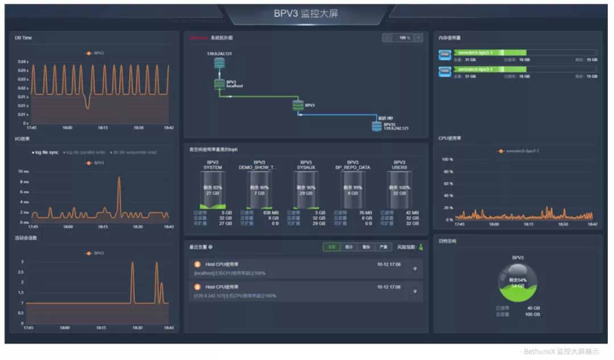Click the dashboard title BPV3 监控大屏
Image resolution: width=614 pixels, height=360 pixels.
coord(306,13)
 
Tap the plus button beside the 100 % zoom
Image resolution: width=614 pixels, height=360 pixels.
coord(418,38)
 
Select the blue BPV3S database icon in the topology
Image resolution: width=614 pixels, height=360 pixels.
coord(376,126)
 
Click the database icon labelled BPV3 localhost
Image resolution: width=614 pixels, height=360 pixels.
coord(219,84)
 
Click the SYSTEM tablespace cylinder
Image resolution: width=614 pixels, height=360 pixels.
coord(213,190)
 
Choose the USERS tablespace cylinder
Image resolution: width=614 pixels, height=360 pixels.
coord(399,190)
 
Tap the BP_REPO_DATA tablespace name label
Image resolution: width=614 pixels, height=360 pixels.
coord(352,167)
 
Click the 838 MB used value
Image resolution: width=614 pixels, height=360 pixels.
coord(271,213)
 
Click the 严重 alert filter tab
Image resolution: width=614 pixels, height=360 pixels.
coord(383,247)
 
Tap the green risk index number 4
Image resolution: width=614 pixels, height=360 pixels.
coord(421,247)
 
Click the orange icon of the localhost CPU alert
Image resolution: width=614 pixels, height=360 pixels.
coord(197,264)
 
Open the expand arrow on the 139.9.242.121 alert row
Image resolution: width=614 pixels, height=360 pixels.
coord(414,291)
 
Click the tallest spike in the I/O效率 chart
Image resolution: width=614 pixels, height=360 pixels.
coord(119,178)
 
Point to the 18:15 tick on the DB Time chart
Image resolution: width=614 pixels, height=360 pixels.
coord(103,127)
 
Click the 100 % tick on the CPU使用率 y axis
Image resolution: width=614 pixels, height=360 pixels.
coord(448,160)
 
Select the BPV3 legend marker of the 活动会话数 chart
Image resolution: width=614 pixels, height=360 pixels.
coord(89,253)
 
